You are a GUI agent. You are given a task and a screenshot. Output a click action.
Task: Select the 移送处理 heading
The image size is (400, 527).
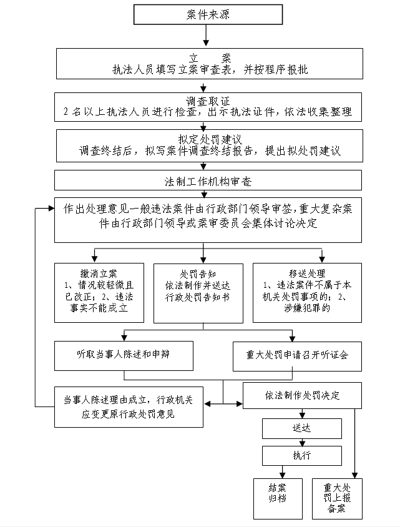click(x=306, y=273)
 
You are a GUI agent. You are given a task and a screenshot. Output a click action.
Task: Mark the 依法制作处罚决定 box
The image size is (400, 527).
click(x=302, y=396)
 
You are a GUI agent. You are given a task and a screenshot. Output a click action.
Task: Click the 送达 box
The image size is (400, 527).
click(x=301, y=429)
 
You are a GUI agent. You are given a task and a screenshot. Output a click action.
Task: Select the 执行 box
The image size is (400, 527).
click(x=301, y=455)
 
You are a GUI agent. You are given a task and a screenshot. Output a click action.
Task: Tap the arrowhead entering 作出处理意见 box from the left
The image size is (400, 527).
click(x=52, y=209)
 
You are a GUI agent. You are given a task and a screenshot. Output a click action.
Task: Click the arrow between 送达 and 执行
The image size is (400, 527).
click(x=302, y=442)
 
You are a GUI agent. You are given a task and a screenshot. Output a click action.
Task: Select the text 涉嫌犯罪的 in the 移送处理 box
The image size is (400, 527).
click(x=308, y=308)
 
